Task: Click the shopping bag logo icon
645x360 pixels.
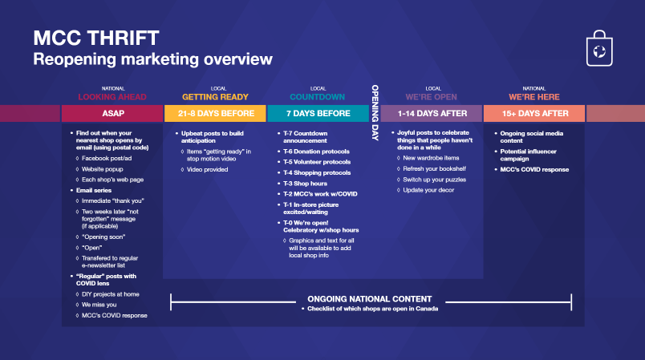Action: tap(599, 48)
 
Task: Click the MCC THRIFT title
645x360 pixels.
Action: tap(96, 38)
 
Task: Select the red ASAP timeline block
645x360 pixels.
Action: tap(112, 113)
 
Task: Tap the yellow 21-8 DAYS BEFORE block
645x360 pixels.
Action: tap(215, 113)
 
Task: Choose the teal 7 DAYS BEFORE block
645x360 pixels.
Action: tap(318, 113)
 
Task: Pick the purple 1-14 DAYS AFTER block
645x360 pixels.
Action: tap(432, 113)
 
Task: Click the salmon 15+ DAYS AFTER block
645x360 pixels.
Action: tap(534, 113)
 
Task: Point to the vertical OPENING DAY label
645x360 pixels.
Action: tap(375, 113)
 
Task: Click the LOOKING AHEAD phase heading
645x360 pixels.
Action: tap(112, 97)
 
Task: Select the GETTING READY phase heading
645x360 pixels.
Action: tap(215, 97)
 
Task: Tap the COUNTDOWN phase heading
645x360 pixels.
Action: tap(317, 97)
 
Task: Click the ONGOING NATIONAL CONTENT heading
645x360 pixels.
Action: tap(370, 299)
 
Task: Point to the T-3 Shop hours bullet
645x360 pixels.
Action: tap(305, 184)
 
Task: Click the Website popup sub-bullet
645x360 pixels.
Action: tap(102, 169)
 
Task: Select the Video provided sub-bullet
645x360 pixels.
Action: tap(207, 169)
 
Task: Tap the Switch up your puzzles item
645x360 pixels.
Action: tap(434, 180)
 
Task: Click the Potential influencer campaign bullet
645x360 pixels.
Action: tap(528, 155)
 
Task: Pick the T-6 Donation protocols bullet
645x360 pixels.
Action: tap(316, 152)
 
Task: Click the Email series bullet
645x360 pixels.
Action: tap(94, 190)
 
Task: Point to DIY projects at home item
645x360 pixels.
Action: tap(110, 294)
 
